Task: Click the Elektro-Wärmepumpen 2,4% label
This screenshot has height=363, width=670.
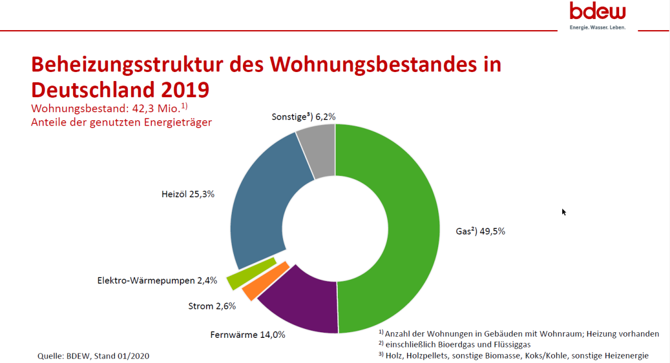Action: (x=157, y=280)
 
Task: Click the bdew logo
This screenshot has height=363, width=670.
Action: (x=597, y=11)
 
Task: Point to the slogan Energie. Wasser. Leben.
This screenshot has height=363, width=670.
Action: (x=597, y=27)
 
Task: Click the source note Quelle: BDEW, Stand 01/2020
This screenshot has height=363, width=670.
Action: (x=93, y=355)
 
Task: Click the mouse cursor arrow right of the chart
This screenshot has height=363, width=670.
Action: (x=564, y=212)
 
